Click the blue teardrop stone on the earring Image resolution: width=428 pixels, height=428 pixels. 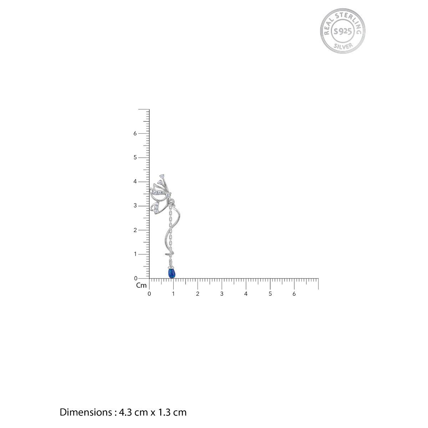click(172, 273)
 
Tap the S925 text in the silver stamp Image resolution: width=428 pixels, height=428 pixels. click(343, 31)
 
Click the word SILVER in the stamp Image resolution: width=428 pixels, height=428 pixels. click(343, 46)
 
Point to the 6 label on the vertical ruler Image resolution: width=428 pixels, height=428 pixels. click(135, 133)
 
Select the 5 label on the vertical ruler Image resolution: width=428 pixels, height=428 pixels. click(135, 158)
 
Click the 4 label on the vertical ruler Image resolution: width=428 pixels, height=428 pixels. click(135, 182)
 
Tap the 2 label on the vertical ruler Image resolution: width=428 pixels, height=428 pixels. click(135, 230)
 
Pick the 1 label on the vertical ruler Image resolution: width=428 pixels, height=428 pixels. click(135, 254)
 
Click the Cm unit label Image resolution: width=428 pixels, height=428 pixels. click(141, 285)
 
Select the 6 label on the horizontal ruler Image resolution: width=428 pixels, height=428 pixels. click(294, 294)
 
